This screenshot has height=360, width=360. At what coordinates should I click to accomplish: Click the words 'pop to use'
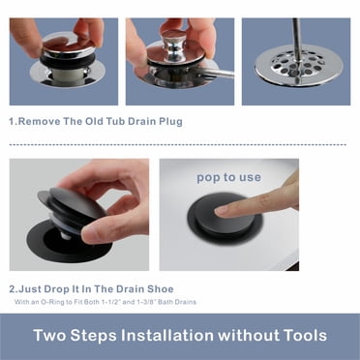[228, 177]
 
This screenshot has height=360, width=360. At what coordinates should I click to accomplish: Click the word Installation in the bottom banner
[167, 335]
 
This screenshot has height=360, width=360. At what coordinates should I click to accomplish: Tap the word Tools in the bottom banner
[305, 335]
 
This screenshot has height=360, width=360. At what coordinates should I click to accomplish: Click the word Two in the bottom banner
[49, 335]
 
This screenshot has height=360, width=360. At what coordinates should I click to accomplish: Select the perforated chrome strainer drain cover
[298, 66]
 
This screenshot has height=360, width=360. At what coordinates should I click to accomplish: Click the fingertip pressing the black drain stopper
[224, 211]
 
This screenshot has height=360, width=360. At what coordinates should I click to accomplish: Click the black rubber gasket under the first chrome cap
[69, 60]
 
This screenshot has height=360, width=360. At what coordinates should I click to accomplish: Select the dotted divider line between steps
[178, 145]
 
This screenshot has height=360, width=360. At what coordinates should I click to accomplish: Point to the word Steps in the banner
[94, 336]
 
